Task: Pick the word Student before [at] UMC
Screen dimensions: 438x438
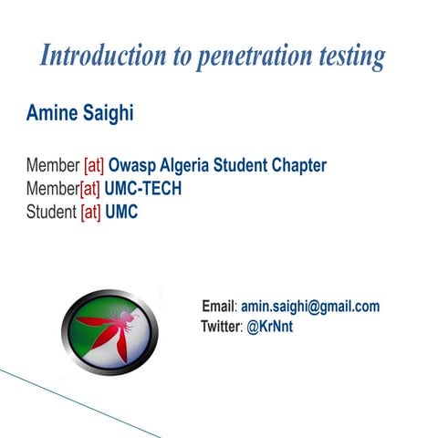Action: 52,212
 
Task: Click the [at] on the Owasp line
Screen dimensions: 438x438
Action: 94,166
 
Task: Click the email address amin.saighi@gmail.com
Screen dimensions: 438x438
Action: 310,308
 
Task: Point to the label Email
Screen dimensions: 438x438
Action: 218,308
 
